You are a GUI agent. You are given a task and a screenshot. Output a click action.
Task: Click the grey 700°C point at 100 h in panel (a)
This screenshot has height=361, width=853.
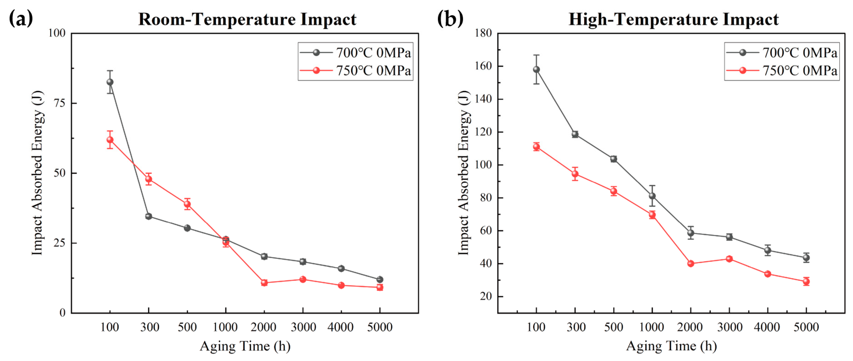tap(110, 82)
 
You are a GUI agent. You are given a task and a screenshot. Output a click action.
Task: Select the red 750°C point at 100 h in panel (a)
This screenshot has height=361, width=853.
tap(110, 140)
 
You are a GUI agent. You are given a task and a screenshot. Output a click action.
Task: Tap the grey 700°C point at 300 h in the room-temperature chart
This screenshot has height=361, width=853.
tap(149, 216)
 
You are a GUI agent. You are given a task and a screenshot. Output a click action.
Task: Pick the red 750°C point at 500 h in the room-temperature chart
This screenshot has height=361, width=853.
tap(187, 204)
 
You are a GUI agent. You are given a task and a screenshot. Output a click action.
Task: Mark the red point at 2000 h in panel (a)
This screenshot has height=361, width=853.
tap(264, 283)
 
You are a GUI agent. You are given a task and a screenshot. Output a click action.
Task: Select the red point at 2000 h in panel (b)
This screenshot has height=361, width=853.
tap(691, 264)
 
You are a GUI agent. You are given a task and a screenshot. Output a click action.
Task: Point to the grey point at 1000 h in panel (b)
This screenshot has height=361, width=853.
tap(652, 196)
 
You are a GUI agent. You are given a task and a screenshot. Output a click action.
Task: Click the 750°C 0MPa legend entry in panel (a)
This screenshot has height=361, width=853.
tap(355, 71)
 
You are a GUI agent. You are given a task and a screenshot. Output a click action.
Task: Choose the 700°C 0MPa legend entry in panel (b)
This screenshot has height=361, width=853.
tap(782, 52)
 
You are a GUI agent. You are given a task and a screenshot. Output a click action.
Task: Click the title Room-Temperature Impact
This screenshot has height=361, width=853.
tap(247, 19)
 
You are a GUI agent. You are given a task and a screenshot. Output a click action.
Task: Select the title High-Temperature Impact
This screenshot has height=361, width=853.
tap(674, 19)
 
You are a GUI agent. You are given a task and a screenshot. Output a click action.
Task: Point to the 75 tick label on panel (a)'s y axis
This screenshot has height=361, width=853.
tap(60, 103)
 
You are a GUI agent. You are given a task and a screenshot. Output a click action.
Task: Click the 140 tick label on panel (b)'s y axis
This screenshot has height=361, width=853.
tap(483, 99)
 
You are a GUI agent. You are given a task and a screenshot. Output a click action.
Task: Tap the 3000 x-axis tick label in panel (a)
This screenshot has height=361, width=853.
tap(303, 327)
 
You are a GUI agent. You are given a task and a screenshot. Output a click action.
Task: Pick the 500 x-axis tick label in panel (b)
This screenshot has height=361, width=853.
tap(614, 327)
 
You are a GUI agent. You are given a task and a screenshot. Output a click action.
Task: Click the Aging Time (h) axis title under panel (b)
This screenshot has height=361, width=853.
tap(671, 346)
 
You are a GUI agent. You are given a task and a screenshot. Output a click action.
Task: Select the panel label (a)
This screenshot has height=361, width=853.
tap(21, 19)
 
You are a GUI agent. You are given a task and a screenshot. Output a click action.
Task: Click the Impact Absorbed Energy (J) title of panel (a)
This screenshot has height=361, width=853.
tap(38, 173)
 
